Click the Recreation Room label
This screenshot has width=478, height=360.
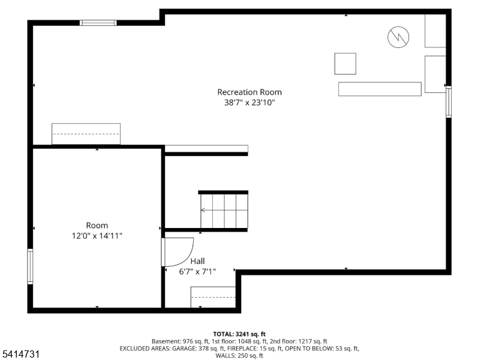(x=249, y=92)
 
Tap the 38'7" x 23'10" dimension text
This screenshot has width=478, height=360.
(x=249, y=103)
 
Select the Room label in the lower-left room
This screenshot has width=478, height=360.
(x=97, y=226)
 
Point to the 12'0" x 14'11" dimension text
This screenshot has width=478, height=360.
(x=97, y=236)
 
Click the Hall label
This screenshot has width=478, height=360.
(x=197, y=261)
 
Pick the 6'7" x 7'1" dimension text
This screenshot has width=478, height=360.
(x=197, y=272)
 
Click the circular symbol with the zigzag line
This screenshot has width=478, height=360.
(x=398, y=37)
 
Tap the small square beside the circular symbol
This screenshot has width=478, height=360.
(x=345, y=64)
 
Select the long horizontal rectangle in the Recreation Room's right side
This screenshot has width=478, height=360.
(x=380, y=89)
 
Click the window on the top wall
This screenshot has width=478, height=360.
(x=98, y=23)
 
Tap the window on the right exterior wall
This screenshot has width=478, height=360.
(x=449, y=102)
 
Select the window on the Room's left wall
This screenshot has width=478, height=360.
(x=30, y=266)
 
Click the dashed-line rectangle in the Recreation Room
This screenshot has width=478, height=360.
(x=86, y=134)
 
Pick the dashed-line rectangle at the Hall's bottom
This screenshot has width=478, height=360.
(x=213, y=297)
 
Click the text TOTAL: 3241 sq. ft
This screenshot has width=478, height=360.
(x=239, y=334)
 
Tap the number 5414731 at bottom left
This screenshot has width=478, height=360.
(x=21, y=354)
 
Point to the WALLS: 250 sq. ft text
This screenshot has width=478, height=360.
(x=239, y=356)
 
